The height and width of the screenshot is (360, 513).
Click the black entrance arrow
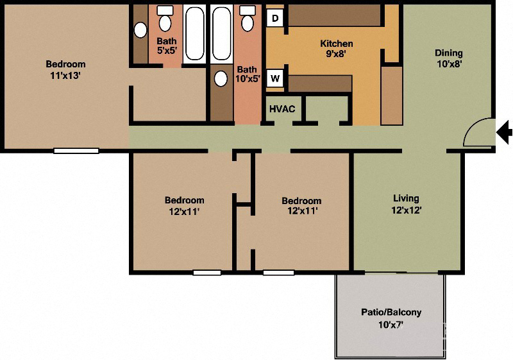pyautogui.click(x=505, y=133)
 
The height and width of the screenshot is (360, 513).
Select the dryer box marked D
pyautogui.click(x=275, y=18)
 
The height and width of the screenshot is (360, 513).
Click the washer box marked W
pyautogui.click(x=275, y=79)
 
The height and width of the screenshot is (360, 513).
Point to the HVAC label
pyautogui.click(x=282, y=109)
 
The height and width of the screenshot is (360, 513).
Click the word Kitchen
pyautogui.click(x=337, y=44)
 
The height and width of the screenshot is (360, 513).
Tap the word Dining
pyautogui.click(x=448, y=53)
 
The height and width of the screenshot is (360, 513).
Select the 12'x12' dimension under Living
pyautogui.click(x=406, y=210)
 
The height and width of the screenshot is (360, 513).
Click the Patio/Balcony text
pyautogui.click(x=391, y=313)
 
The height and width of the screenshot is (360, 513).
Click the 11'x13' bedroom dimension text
pyautogui.click(x=65, y=75)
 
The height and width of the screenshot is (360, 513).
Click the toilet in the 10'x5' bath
pyautogui.click(x=247, y=21)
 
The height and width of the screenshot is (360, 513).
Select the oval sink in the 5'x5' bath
pyautogui.click(x=140, y=30)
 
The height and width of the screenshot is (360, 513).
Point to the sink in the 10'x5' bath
pyautogui.click(x=221, y=78)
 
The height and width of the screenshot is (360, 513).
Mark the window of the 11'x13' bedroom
pyautogui.click(x=76, y=151)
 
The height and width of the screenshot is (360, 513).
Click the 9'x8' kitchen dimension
pyautogui.click(x=337, y=55)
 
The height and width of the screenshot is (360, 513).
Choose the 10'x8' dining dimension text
pyautogui.click(x=448, y=64)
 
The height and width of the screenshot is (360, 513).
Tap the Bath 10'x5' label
pyautogui.click(x=247, y=74)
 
